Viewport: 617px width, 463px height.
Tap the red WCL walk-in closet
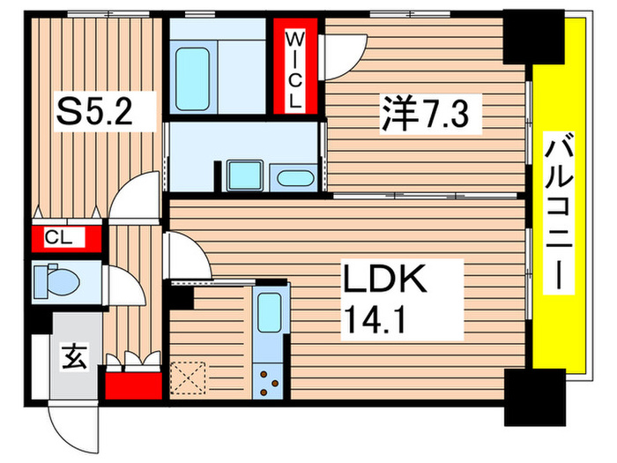pyautogui.click(x=293, y=68)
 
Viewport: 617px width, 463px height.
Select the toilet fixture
pyautogui.click(x=57, y=282)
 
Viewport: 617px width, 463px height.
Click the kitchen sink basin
pyautogui.click(x=269, y=313)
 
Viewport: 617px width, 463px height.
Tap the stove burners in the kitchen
pyautogui.click(x=269, y=381)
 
